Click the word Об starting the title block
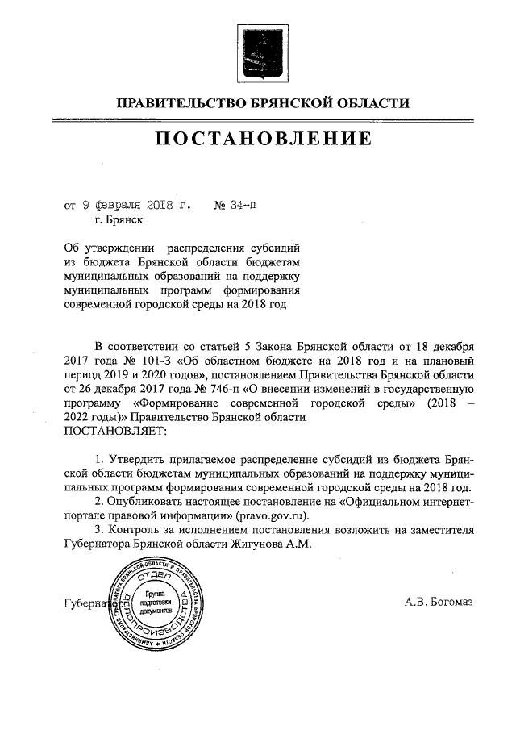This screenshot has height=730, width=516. click(71, 248)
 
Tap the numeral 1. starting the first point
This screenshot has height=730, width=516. click(99, 459)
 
